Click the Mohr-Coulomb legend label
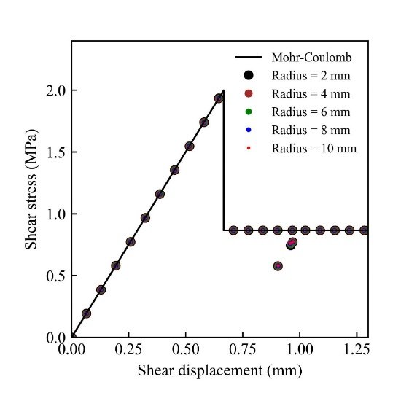tap(311, 58)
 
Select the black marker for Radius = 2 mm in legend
tap(249, 75)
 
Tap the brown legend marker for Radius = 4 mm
tap(249, 93)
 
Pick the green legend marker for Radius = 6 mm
tap(249, 112)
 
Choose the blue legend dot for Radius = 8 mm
tap(249, 130)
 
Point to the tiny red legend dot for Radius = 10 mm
tap(249, 148)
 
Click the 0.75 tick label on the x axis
tap(243, 349)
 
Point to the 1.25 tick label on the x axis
tap(357, 349)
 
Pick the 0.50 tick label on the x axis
tap(185, 349)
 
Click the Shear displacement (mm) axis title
tap(220, 370)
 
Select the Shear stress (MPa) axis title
tap(31, 189)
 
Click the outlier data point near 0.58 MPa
tap(278, 266)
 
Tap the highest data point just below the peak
tap(219, 98)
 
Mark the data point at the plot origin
tap(73, 337)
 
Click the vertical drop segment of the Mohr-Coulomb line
tap(224, 160)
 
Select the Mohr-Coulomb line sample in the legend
tap(249, 57)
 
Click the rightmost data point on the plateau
tap(364, 230)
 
